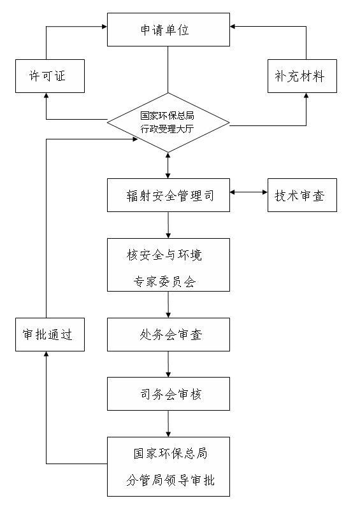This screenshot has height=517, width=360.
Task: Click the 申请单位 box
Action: pos(168,30)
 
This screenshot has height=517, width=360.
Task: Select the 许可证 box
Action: pos(50,76)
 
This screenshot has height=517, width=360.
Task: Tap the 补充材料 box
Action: pos(302,76)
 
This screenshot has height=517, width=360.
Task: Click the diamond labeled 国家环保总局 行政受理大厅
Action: pos(168,123)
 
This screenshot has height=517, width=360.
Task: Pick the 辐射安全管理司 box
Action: pos(168,195)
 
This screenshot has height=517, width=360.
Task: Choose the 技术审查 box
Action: pos(302,195)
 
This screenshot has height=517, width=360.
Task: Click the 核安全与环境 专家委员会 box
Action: pos(168,265)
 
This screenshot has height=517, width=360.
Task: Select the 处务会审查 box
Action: pos(168,334)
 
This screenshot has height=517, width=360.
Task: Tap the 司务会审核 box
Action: pos(168,393)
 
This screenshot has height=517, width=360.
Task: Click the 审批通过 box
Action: pos(50,334)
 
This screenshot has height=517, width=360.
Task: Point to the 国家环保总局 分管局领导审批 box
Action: pos(168,467)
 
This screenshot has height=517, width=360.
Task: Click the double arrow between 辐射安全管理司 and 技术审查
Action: pos(248,192)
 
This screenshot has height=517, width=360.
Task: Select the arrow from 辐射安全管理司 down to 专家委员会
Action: pos(168,225)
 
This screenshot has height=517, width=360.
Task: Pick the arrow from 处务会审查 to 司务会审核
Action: pos(168,364)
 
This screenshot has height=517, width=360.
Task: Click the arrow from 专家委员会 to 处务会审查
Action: pos(168,304)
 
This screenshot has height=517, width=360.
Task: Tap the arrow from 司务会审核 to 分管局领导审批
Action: pos(168,423)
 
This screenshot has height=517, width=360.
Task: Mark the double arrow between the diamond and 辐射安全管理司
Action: pos(168,166)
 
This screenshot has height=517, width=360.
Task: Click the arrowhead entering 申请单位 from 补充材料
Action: pos(233,26)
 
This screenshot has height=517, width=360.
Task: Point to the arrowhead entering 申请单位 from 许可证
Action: pos(105,26)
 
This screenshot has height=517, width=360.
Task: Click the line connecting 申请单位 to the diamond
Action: pos(168,69)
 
